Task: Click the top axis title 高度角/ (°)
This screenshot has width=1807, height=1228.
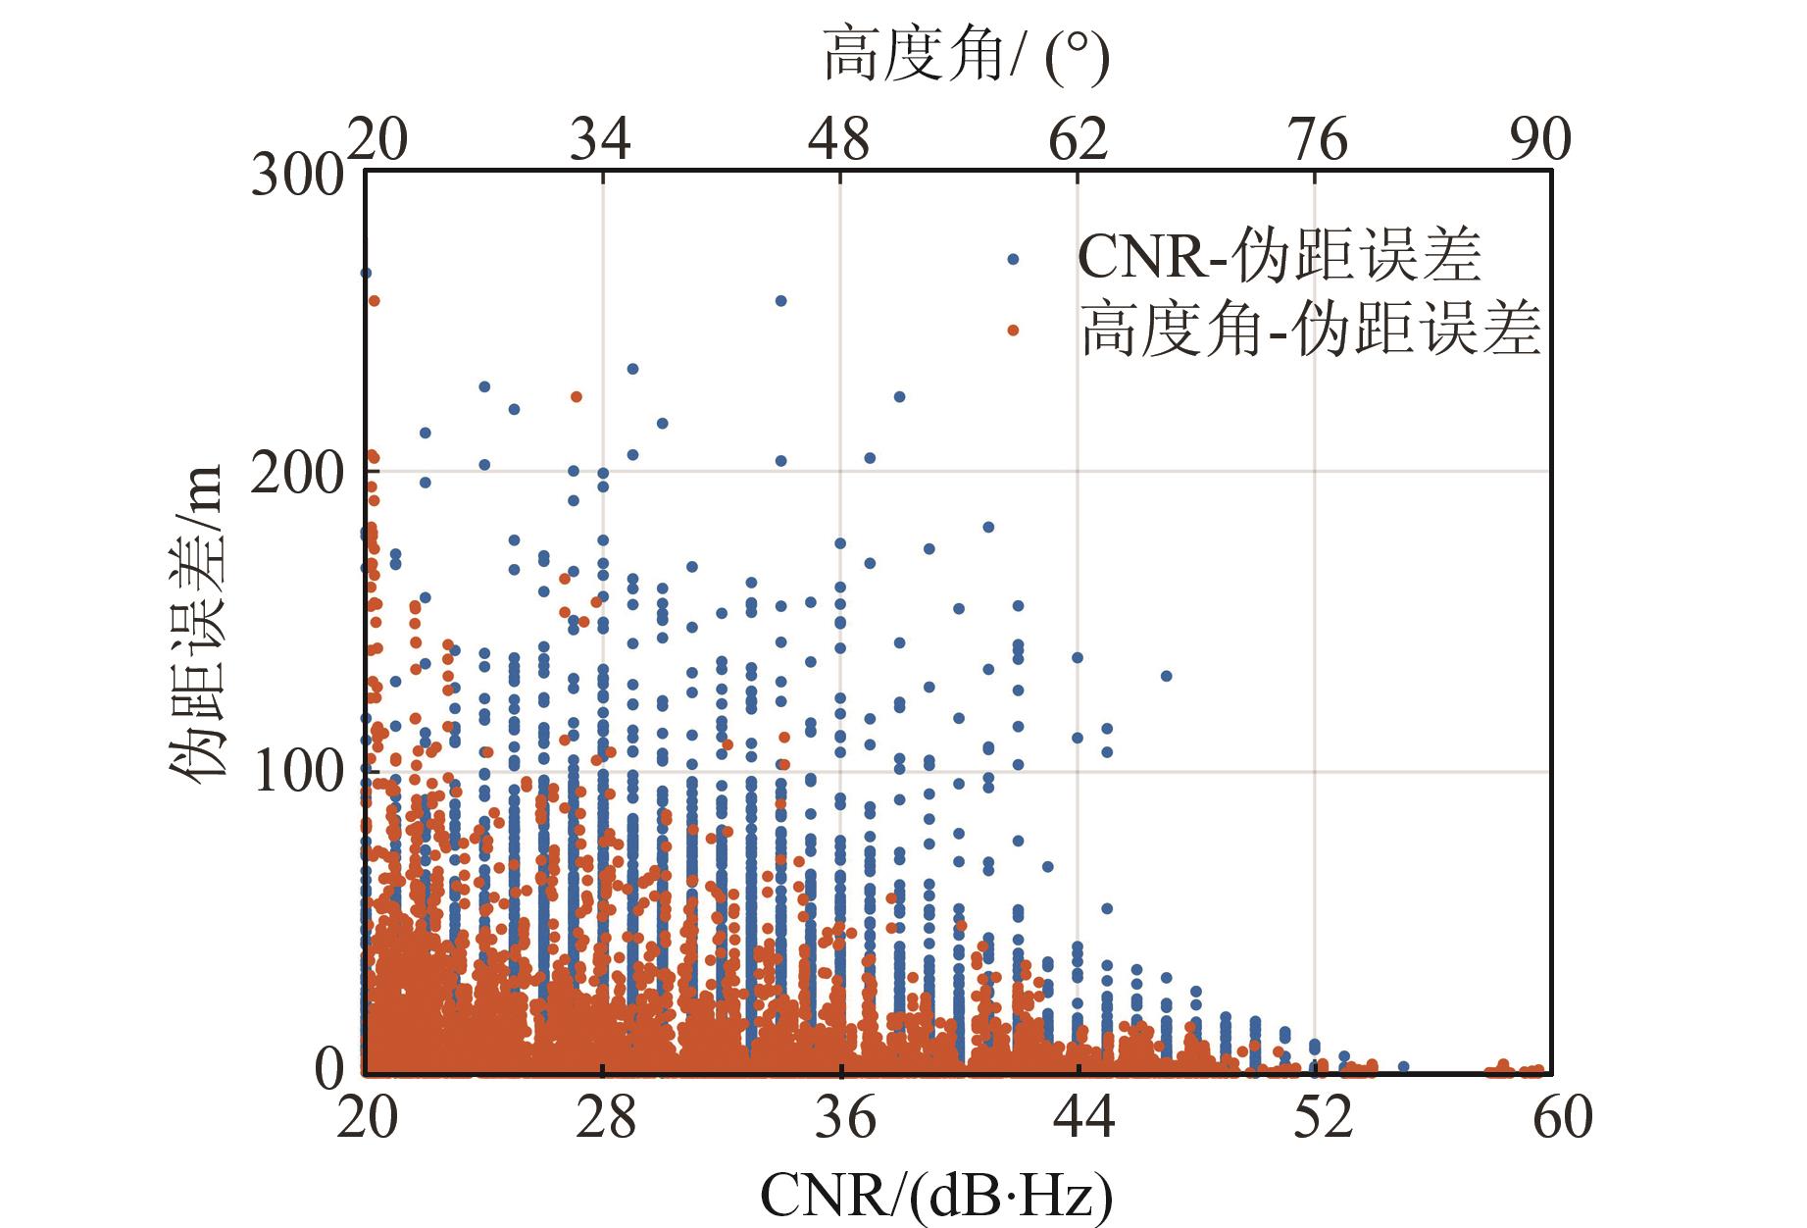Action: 966,57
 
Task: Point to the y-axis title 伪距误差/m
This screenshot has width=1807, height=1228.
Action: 195,622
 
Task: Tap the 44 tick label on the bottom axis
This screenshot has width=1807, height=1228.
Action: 1081,1118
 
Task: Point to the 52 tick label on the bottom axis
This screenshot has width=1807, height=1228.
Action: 1321,1118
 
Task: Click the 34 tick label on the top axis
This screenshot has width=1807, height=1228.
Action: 600,140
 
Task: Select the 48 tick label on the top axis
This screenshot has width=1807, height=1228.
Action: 839,140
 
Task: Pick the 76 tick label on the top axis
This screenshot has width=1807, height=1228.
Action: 1317,140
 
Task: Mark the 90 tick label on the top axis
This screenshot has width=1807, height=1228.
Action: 1540,140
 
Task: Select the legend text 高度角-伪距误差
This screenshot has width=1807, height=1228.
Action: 1311,329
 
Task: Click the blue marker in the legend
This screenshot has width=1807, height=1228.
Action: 1013,260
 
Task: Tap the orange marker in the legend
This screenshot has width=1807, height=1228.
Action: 1013,331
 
